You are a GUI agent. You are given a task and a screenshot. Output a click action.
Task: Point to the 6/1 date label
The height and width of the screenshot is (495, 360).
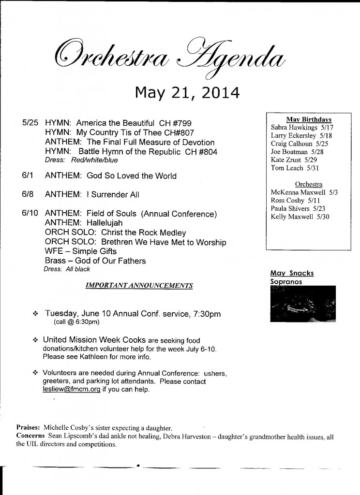[28, 175]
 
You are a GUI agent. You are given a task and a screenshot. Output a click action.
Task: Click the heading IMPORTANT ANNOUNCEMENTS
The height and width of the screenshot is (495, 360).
[139, 285]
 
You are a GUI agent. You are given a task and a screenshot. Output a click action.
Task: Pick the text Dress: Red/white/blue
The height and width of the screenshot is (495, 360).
[80, 160]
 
